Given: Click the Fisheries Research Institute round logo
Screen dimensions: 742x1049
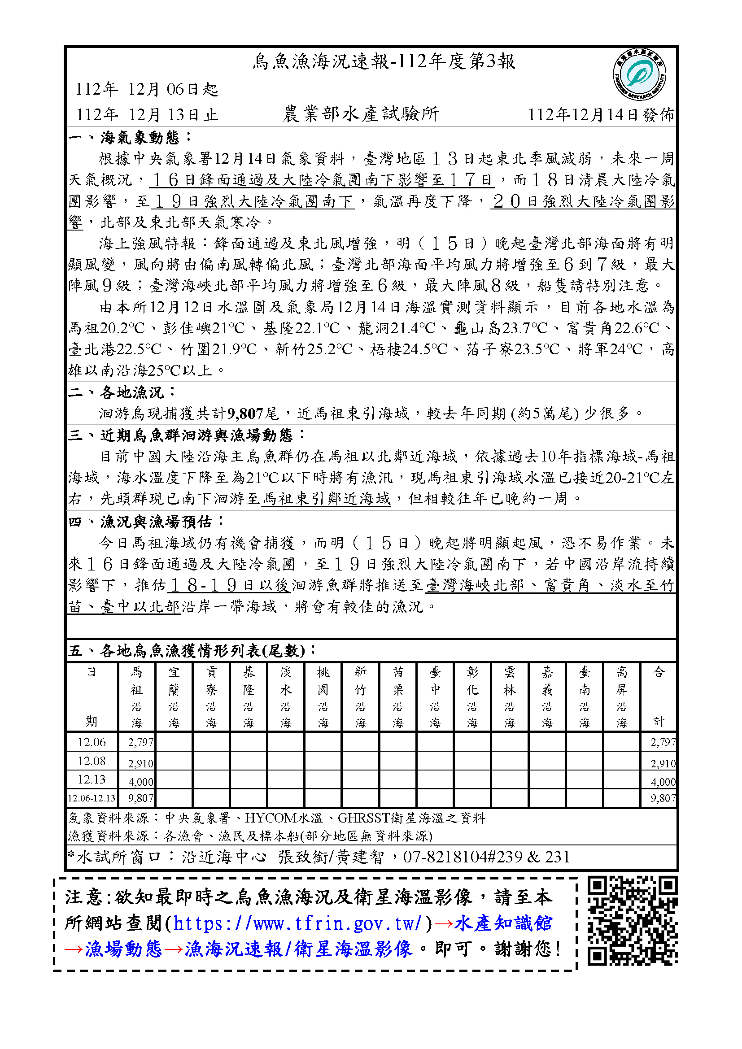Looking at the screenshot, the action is (x=639, y=74).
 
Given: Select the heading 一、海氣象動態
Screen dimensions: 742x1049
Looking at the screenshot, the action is (x=130, y=137).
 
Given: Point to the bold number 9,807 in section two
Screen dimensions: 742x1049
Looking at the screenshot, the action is (x=245, y=414).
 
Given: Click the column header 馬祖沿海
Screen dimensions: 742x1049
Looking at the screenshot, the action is (x=137, y=697).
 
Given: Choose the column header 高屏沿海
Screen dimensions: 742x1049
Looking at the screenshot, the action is (x=621, y=697).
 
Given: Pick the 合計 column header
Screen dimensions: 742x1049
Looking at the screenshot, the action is (x=659, y=697).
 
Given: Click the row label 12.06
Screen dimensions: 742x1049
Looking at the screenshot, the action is (x=92, y=742).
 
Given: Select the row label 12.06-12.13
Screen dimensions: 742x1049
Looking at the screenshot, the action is (x=92, y=798).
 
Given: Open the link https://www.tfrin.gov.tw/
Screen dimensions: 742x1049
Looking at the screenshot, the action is (x=297, y=924).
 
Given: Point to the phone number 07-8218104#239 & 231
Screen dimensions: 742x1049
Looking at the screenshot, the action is (x=487, y=857).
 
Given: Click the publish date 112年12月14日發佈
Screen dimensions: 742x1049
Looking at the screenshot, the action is (x=601, y=115).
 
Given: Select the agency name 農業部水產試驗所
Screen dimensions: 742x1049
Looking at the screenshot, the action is (x=361, y=114).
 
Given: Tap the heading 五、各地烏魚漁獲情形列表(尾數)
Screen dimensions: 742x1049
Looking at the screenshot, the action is (x=191, y=650).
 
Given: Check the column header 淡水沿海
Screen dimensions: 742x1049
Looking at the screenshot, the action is (x=286, y=697).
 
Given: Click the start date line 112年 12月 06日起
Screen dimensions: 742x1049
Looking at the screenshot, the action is (x=147, y=89).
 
